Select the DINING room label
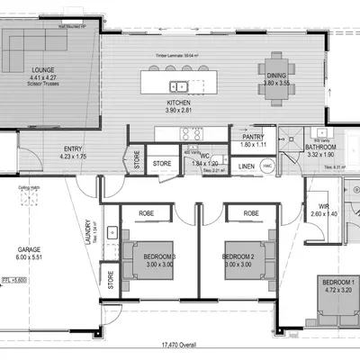coord(274,76)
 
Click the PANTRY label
coord(255,138)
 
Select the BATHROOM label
coord(319,146)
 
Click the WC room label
coord(205,155)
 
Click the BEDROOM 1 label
coord(337,286)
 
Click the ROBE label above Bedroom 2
coord(251,214)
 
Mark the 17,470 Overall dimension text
coord(180,345)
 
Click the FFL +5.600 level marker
coord(11,281)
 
